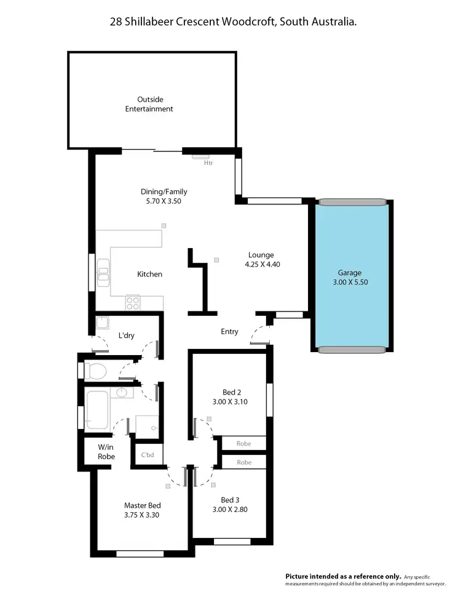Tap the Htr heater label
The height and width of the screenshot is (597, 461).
click(x=208, y=163)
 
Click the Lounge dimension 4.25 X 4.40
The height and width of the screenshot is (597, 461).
click(x=261, y=265)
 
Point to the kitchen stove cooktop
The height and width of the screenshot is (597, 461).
click(x=133, y=302)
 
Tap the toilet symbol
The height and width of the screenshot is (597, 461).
click(x=95, y=371)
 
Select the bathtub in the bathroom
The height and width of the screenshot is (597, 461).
click(x=98, y=409)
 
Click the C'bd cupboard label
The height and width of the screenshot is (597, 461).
click(x=148, y=456)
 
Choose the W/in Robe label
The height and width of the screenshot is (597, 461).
click(x=106, y=452)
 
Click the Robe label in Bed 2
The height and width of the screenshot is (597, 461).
click(x=244, y=443)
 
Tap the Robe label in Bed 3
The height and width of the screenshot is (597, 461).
click(x=244, y=462)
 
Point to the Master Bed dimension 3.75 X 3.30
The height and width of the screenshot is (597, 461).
click(x=142, y=515)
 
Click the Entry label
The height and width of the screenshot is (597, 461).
click(x=229, y=332)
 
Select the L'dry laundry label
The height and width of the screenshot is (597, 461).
click(x=127, y=335)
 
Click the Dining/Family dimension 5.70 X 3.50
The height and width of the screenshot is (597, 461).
click(x=164, y=201)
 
